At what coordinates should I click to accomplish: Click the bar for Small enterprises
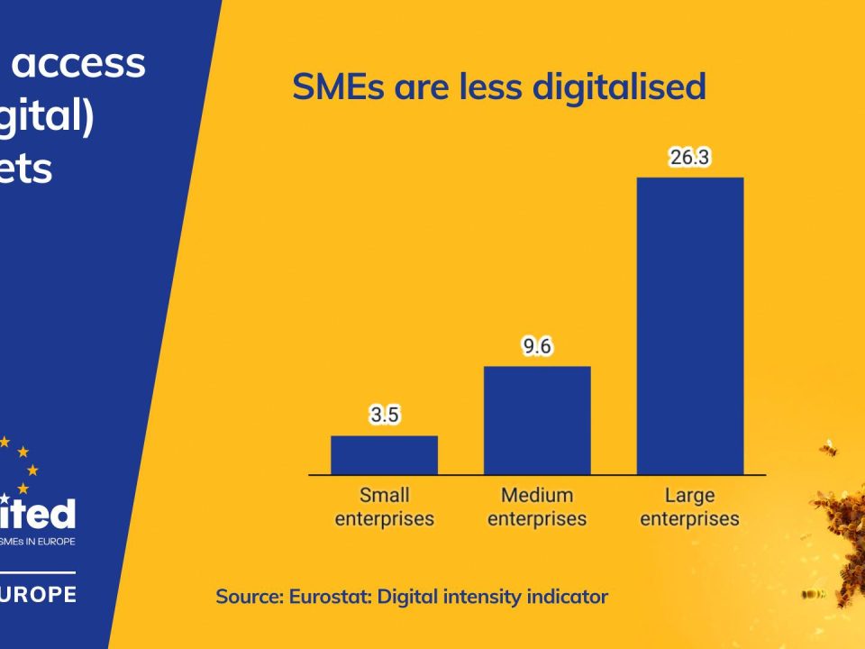(384, 455)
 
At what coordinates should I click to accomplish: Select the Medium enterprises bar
(537, 420)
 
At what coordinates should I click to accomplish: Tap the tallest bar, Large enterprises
(690, 325)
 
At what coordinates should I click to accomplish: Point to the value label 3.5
(384, 416)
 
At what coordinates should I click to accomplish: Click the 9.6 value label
(537, 347)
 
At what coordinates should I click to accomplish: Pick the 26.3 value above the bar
(690, 158)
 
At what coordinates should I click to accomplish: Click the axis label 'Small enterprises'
(384, 507)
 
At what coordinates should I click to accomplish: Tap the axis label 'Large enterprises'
(689, 507)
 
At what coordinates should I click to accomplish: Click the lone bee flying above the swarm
(827, 448)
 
